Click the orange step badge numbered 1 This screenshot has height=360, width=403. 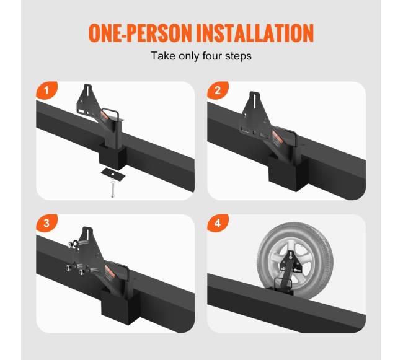coord(46,90)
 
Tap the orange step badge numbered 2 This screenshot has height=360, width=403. coord(218,90)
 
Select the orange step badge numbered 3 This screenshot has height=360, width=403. coord(46,223)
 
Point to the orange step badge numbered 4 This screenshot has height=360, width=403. coord(218,223)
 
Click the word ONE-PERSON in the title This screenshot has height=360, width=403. coord(140,33)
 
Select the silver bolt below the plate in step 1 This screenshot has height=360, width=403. coord(113,188)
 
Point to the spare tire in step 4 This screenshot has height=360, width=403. coord(295,261)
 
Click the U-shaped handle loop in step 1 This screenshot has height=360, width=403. coord(110,113)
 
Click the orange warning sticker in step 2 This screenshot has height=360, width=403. coord(278,138)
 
